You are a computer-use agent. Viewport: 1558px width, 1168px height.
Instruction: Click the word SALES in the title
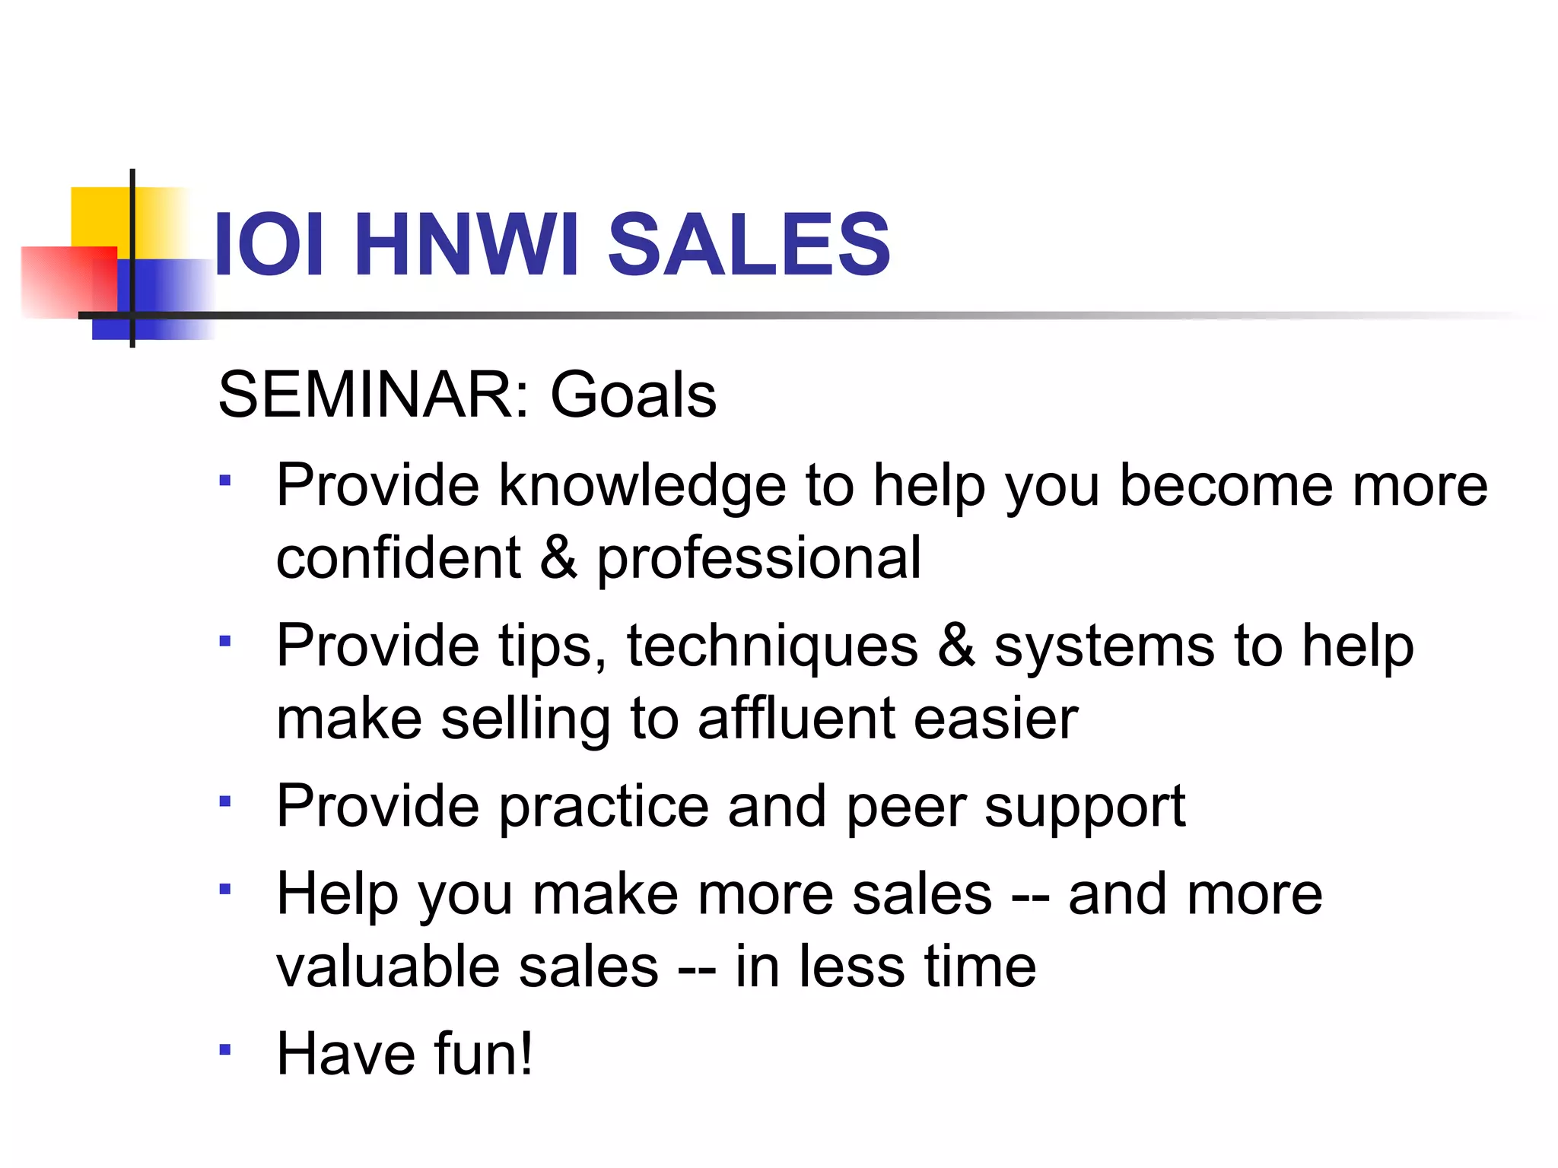pyautogui.click(x=749, y=244)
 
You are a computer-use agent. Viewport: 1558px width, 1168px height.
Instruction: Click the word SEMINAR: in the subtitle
pyautogui.click(x=374, y=395)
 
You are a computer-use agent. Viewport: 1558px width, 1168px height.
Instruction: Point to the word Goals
pyautogui.click(x=633, y=395)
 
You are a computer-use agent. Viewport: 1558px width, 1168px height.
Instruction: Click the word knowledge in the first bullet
pyautogui.click(x=642, y=486)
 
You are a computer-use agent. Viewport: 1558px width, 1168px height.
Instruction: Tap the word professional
pyautogui.click(x=758, y=559)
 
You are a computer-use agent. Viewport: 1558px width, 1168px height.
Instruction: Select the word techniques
pyautogui.click(x=772, y=646)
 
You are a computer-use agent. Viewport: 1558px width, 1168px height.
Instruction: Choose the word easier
pyautogui.click(x=995, y=719)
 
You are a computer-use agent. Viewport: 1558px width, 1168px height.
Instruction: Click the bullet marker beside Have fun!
pyautogui.click(x=224, y=1050)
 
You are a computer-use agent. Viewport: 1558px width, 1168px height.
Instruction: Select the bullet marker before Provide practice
pyautogui.click(x=224, y=801)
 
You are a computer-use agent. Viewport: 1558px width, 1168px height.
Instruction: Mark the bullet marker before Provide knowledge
pyautogui.click(x=224, y=481)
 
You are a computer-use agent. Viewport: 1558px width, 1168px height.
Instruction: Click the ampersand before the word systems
pyautogui.click(x=955, y=646)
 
